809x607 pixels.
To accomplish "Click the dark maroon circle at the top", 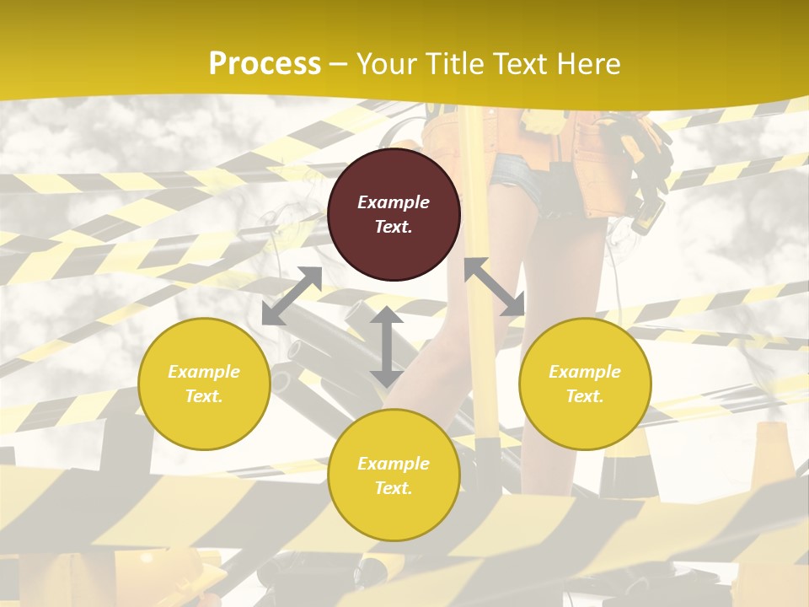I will [x=394, y=214].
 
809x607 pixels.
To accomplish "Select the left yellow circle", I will [x=204, y=384].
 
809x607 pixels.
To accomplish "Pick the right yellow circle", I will [x=585, y=384].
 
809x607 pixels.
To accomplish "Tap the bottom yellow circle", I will [x=394, y=475].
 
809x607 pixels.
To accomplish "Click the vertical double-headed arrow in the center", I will [x=386, y=346].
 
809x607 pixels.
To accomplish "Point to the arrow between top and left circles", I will [x=292, y=296].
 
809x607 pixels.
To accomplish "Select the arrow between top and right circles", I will [x=495, y=287].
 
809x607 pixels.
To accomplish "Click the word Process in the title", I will [x=265, y=63].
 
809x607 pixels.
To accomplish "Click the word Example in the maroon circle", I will [x=394, y=202].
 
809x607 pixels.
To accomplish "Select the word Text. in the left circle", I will [x=204, y=396].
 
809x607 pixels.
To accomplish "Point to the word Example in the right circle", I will [x=585, y=372].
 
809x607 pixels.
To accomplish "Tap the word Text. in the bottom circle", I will [x=394, y=488].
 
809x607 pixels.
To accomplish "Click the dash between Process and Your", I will [x=339, y=64].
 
